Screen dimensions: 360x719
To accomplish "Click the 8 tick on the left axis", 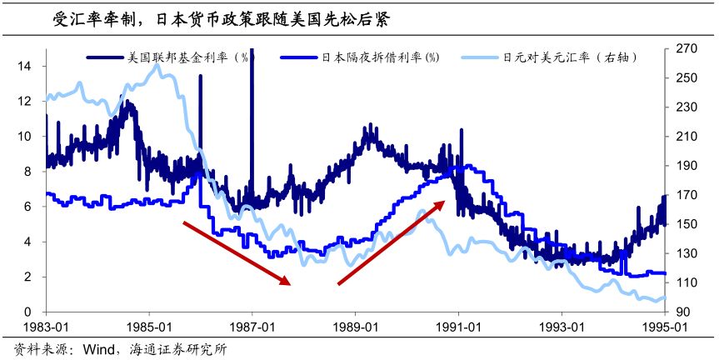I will (28, 171).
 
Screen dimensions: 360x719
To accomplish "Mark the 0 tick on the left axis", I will (28, 312).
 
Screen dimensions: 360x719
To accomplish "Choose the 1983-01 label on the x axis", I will (46, 328).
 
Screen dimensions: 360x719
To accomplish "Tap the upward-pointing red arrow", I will (398, 240).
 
